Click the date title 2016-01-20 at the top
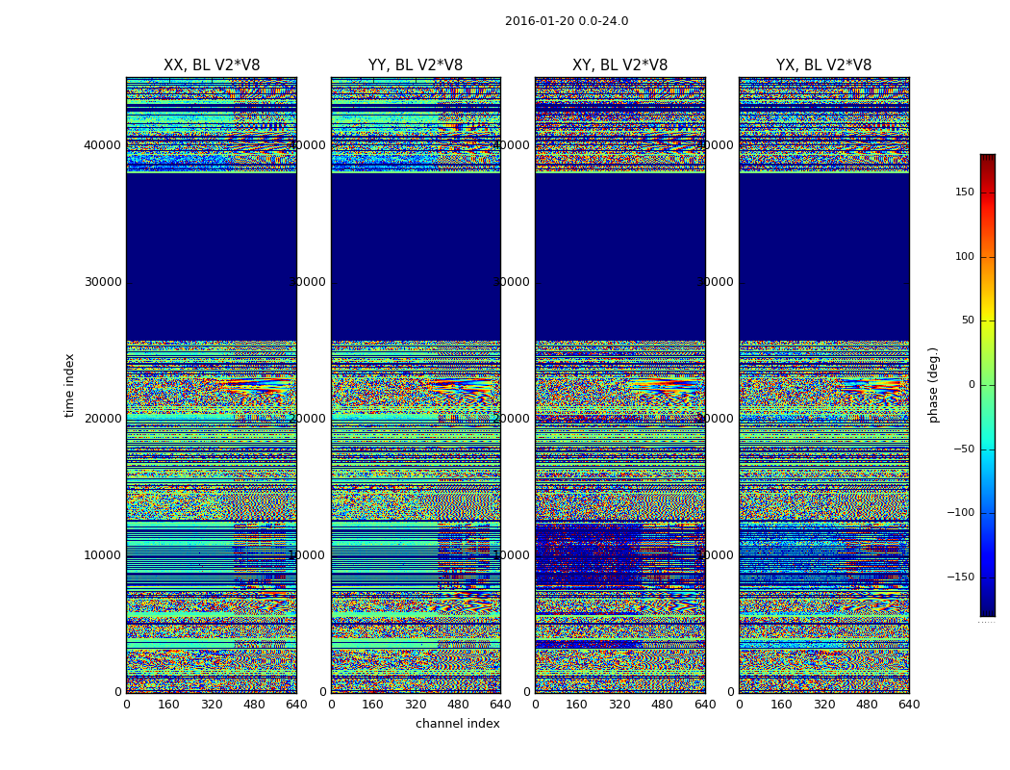pos(566,21)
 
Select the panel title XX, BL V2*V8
pos(212,65)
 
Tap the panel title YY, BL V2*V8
pos(416,65)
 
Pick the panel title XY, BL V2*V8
pos(619,65)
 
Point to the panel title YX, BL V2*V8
pos(823,65)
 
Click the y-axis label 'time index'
pos(69,384)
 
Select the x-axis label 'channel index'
pos(457,724)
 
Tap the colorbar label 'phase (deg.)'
pos(933,384)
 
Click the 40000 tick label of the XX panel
pos(103,145)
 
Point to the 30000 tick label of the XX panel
pos(103,282)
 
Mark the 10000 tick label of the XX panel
pos(103,555)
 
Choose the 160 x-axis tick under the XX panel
pos(168,705)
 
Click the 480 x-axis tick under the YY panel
pos(458,705)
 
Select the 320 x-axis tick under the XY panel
pos(619,705)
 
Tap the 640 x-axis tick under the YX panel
pos(909,705)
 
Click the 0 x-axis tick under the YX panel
pos(739,705)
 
